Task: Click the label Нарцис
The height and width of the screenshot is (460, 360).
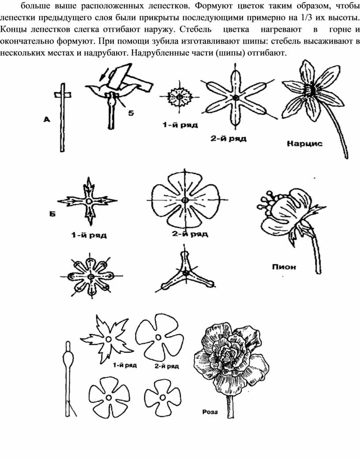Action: (x=304, y=144)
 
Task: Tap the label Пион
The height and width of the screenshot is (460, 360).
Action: (x=284, y=267)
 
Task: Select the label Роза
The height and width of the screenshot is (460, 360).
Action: (x=210, y=412)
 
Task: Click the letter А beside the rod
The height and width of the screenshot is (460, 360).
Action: (x=47, y=119)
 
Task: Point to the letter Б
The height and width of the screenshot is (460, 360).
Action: (x=52, y=214)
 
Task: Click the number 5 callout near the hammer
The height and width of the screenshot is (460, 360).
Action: (x=131, y=113)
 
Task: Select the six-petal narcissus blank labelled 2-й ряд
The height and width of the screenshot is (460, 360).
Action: (x=236, y=97)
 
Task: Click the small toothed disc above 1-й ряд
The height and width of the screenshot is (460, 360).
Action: (x=180, y=96)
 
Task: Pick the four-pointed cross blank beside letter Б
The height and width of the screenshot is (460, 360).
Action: (x=88, y=201)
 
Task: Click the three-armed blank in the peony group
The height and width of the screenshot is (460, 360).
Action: (x=185, y=273)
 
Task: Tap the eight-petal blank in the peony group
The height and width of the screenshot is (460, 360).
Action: (x=91, y=276)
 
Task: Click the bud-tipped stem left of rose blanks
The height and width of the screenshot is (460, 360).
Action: (x=68, y=378)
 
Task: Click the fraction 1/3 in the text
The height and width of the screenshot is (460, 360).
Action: (x=306, y=18)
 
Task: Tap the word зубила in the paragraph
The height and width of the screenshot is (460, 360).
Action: (x=165, y=41)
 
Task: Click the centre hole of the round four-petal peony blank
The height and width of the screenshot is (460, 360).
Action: (x=185, y=200)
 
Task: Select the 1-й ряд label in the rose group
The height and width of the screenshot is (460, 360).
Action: (x=125, y=366)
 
